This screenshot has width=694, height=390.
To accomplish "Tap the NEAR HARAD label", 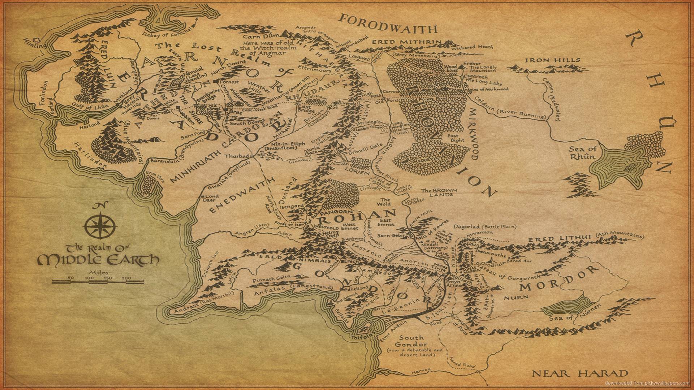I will (580, 373).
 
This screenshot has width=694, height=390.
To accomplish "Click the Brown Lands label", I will (439, 192).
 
